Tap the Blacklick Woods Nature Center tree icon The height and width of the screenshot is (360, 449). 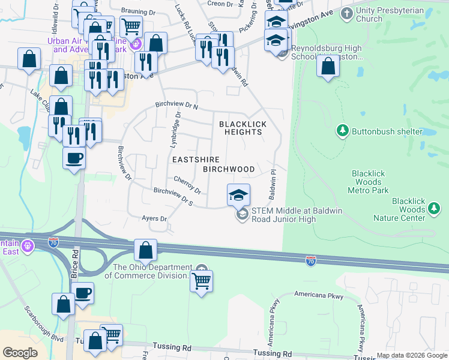pos(434,209)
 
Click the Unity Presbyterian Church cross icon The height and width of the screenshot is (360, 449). pos(346,13)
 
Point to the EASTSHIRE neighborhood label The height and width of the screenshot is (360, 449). pos(196,160)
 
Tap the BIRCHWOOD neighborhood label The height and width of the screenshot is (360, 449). pos(229,169)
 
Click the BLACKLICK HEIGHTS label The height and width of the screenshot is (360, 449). pos(242,128)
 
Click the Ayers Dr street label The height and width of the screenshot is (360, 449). pos(154,218)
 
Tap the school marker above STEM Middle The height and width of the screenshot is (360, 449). pos(238,194)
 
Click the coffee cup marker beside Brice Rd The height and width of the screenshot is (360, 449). pos(74,158)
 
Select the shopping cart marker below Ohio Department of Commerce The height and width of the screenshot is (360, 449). pos(201,281)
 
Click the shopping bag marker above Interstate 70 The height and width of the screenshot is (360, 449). pos(145,250)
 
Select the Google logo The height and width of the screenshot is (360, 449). pos(20,353)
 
